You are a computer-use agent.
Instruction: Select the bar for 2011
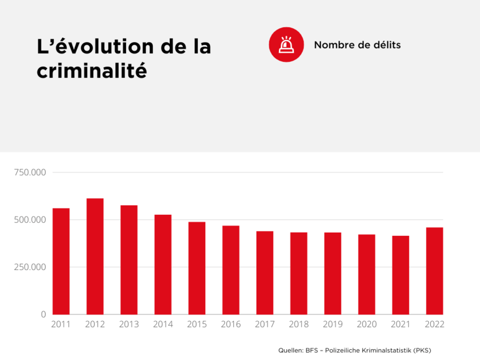61,261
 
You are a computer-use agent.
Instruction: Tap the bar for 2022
434,271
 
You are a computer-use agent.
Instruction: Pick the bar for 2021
401,275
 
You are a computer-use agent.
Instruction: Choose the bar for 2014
163,265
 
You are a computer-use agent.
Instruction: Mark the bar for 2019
333,273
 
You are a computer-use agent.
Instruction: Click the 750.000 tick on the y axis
30,173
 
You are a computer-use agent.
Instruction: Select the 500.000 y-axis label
30,220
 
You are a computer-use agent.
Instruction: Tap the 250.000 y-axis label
30,267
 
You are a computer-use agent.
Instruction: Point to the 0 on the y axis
43,314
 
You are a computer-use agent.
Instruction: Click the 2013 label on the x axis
129,325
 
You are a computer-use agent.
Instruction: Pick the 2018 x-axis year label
299,325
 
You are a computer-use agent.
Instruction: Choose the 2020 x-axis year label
367,325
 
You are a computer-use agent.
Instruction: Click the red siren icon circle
286,45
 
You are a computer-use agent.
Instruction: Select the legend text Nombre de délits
357,45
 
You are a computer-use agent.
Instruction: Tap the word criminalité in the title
92,70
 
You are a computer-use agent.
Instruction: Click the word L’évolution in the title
83,47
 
